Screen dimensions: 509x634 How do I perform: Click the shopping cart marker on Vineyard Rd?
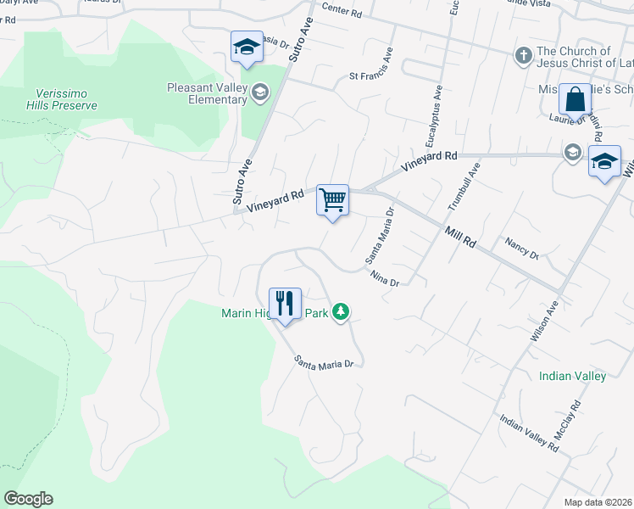pyautogui.click(x=333, y=201)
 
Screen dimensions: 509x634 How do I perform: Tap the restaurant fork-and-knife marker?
pyautogui.click(x=285, y=304)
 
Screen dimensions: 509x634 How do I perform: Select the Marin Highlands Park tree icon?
pyautogui.click(x=341, y=312)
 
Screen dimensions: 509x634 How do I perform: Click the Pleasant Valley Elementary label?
pyautogui.click(x=207, y=93)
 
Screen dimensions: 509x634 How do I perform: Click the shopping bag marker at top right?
pyautogui.click(x=575, y=100)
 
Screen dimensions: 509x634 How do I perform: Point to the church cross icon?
pyautogui.click(x=524, y=57)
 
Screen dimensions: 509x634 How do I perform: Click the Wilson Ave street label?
pyautogui.click(x=543, y=321)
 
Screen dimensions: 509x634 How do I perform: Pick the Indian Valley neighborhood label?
pyautogui.click(x=572, y=376)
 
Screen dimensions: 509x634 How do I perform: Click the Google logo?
pyautogui.click(x=28, y=499)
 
